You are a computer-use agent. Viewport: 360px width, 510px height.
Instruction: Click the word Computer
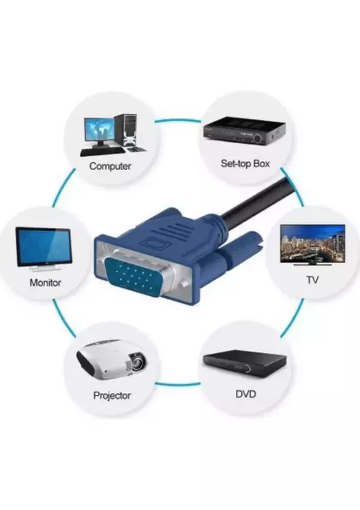[x=110, y=166]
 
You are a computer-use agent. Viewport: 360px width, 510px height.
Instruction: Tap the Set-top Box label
[x=244, y=163]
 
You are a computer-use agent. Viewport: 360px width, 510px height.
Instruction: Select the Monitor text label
[x=45, y=283]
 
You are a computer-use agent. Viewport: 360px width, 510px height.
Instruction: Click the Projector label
[x=112, y=396]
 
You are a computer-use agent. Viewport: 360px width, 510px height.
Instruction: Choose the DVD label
[x=245, y=394]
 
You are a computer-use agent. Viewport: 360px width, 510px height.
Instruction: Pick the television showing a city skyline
[x=312, y=243]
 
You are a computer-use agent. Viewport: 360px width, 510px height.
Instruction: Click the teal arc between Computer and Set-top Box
[x=178, y=121]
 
